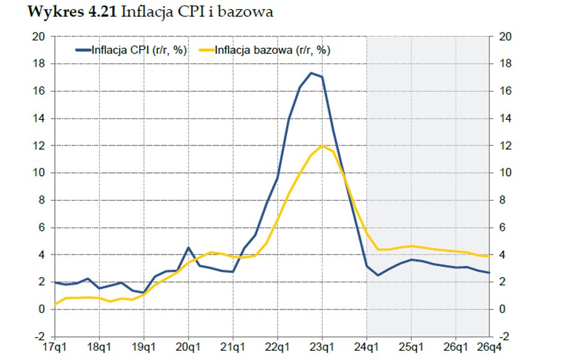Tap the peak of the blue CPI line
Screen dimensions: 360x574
point(311,73)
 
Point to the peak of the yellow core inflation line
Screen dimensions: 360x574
point(322,145)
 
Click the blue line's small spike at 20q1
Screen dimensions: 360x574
point(188,248)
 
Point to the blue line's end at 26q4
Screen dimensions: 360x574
point(489,273)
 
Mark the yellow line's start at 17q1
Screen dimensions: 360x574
point(56,304)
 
